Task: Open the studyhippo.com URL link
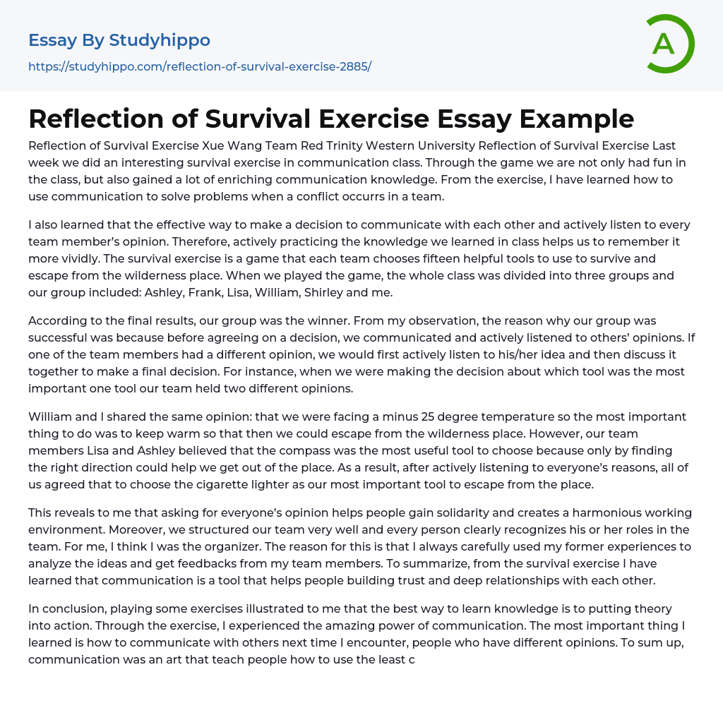(200, 67)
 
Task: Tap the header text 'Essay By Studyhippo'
(119, 40)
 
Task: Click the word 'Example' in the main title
(577, 119)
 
